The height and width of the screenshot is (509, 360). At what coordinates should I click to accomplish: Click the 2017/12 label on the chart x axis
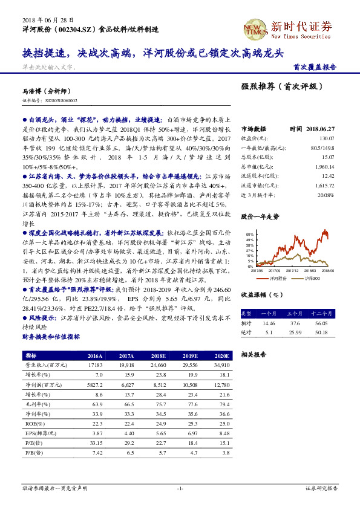click(293, 271)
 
